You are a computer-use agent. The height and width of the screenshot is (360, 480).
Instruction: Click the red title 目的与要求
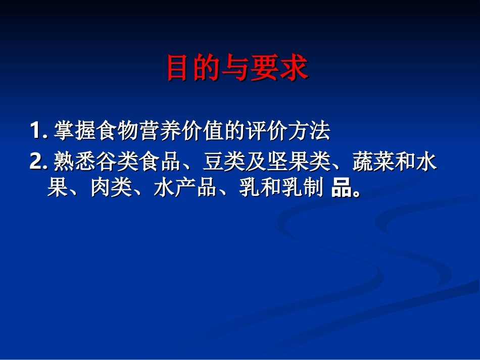click(237, 68)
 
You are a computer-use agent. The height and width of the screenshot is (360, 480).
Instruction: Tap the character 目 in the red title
click(178, 68)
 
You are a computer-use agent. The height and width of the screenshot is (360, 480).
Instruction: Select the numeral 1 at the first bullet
click(35, 131)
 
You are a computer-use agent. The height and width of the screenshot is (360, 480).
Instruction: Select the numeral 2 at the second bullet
click(36, 162)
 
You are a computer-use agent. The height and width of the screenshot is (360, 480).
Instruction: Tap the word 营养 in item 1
click(160, 131)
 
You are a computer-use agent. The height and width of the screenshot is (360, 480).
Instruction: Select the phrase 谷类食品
click(138, 162)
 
